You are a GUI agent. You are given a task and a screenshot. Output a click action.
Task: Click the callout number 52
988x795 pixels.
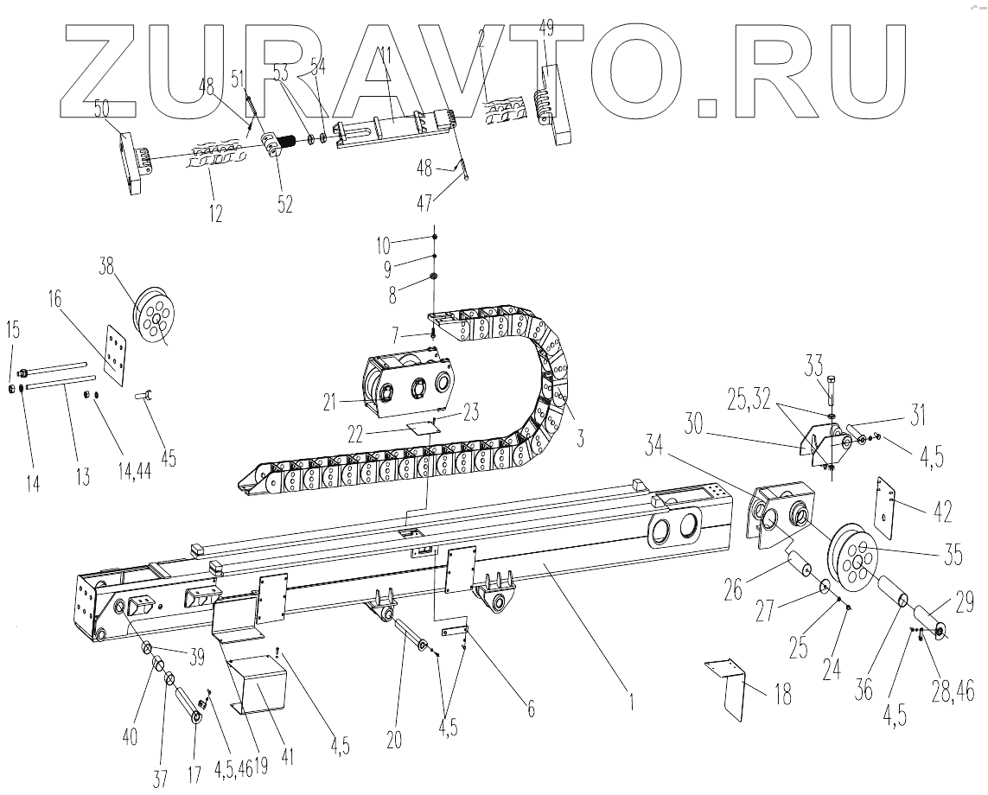(x=284, y=205)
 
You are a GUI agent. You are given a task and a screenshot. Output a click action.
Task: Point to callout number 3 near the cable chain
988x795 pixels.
(x=580, y=437)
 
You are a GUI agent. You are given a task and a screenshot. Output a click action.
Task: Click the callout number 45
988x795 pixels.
(x=168, y=457)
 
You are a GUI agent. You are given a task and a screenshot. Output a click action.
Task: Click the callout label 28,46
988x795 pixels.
(x=954, y=689)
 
